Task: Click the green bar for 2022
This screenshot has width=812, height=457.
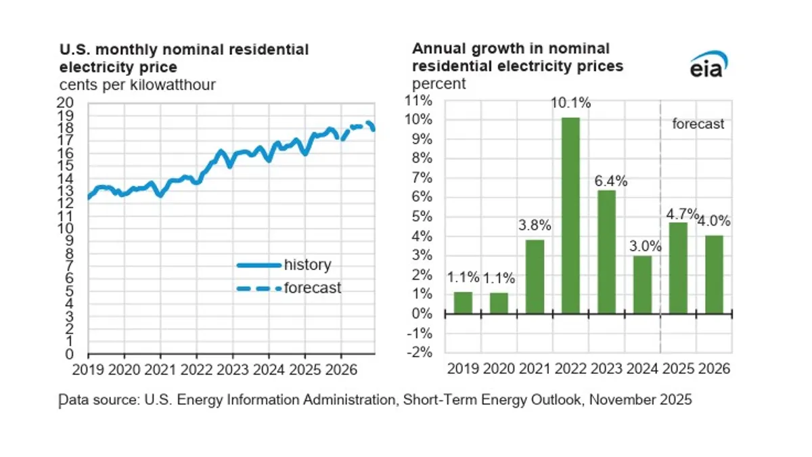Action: click(x=570, y=215)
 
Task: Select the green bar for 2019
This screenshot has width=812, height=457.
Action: click(x=463, y=303)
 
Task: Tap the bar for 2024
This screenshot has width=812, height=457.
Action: click(x=642, y=284)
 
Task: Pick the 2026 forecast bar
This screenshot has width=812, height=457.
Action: click(x=714, y=274)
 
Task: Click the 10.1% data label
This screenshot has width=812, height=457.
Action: click(x=570, y=104)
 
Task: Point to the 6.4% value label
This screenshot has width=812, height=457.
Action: click(x=606, y=181)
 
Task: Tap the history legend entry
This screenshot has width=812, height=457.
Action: click(x=284, y=264)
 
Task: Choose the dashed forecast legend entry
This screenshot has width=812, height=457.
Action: click(x=284, y=288)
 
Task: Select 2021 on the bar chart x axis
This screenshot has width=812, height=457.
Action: click(x=535, y=368)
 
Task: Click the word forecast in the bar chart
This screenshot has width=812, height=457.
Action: click(x=698, y=124)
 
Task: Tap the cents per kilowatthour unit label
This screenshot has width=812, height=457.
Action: click(x=137, y=85)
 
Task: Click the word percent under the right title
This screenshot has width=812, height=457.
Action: click(x=439, y=84)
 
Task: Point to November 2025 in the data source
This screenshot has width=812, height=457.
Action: click(x=640, y=399)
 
